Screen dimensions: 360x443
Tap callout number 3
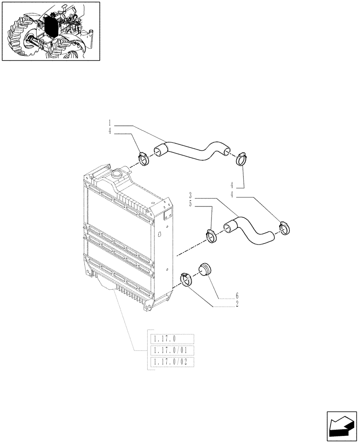190,195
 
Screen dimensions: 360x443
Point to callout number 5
190,204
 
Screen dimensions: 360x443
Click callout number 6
237,295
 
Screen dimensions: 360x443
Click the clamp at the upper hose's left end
144,157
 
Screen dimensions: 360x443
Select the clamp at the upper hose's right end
243,157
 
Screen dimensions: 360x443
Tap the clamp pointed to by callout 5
211,235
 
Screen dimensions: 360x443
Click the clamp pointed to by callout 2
186,280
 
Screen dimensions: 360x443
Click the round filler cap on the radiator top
118,174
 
